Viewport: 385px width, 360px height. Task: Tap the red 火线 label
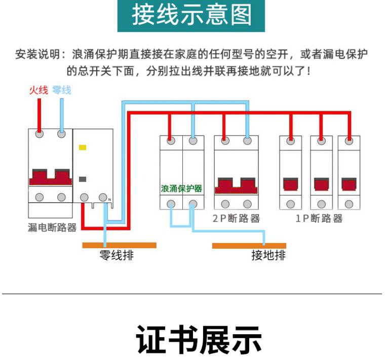[38, 90]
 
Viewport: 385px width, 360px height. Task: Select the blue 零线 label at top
[61, 90]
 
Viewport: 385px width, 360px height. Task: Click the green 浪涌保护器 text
[181, 188]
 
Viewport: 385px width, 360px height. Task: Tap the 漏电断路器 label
[52, 228]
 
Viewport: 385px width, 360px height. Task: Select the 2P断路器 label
[236, 219]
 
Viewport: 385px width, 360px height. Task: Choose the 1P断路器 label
[319, 219]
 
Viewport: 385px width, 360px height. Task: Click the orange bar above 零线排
[119, 245]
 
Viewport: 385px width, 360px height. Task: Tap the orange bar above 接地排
[245, 246]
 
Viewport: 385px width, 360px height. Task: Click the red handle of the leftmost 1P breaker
[290, 183]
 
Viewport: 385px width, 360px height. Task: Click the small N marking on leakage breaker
[109, 199]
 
